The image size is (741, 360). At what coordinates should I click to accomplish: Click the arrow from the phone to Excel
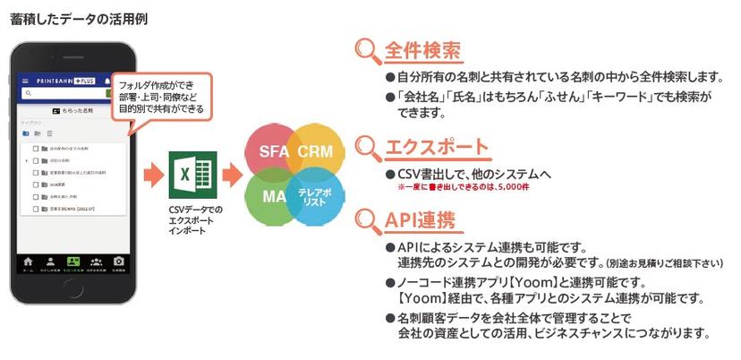pyautogui.click(x=154, y=176)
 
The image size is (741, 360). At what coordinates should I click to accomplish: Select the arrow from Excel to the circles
pyautogui.click(x=230, y=176)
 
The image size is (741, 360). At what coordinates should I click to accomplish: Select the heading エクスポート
pyautogui.click(x=436, y=147)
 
